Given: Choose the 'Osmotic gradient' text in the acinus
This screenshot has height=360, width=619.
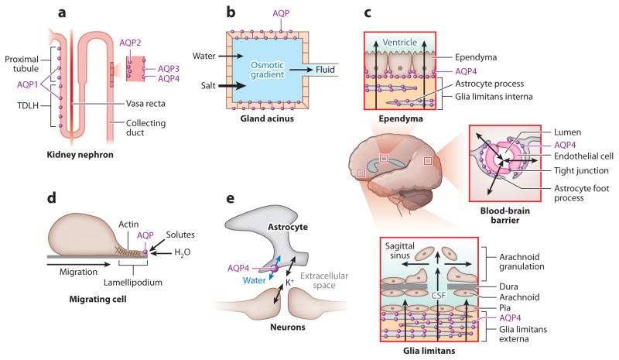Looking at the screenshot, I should point(270,70).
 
